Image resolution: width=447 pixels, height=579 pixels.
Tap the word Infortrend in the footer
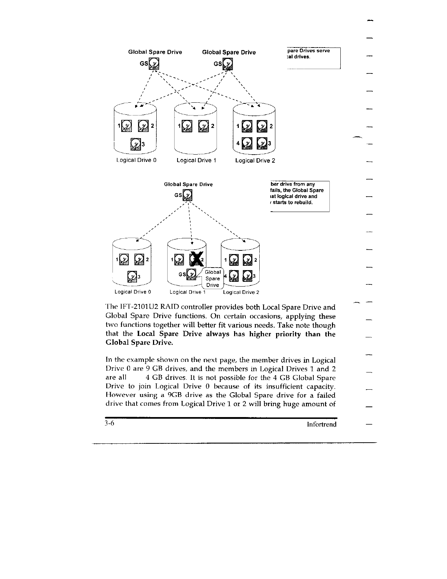coord(321,424)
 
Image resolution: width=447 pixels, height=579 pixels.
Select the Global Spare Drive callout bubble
coord(212,279)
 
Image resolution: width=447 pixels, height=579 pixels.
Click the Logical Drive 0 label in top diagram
coord(136,160)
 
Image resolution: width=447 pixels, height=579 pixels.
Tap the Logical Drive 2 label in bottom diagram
coord(241,292)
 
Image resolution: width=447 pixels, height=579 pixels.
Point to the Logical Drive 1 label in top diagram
coord(196,160)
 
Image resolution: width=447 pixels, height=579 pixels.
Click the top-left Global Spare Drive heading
coord(155,52)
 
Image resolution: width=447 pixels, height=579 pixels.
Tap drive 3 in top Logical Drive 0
coord(136,144)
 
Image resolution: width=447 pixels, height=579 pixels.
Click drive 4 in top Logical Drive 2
coord(247,143)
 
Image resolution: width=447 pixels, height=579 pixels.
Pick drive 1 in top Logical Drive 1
coord(187,126)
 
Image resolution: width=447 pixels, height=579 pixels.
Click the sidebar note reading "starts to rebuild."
coord(292,202)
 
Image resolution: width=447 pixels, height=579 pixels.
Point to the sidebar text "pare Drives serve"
coord(308,51)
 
